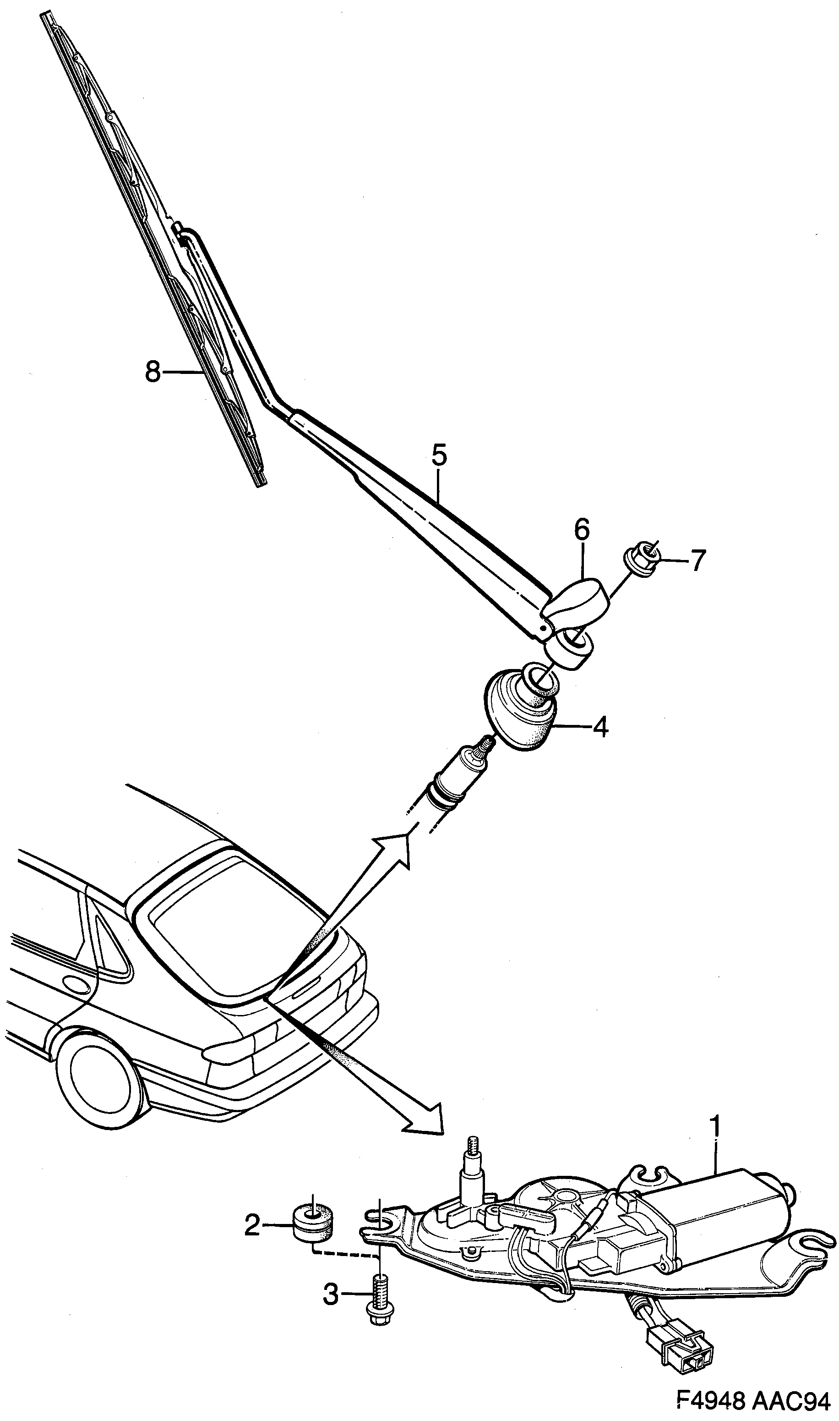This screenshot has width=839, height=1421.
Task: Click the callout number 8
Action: point(153,372)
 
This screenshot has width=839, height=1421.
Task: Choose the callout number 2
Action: point(252,1226)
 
